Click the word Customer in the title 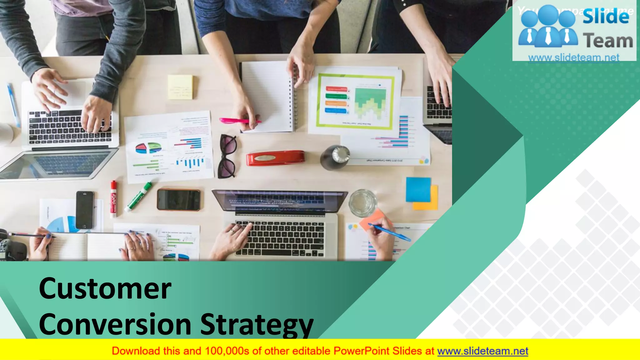(105, 289)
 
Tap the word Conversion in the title (115, 325)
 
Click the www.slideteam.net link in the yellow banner (482, 351)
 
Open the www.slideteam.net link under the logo (574, 57)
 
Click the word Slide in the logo (606, 16)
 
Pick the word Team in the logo (608, 41)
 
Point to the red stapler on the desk (275, 158)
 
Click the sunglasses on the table (227, 156)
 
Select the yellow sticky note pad (180, 87)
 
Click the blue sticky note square (418, 189)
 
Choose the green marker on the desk (139, 197)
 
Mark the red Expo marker (113, 199)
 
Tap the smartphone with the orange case (178, 200)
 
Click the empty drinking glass (363, 203)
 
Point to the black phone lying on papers (85, 210)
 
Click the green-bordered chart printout (355, 101)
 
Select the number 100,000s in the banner (227, 351)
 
